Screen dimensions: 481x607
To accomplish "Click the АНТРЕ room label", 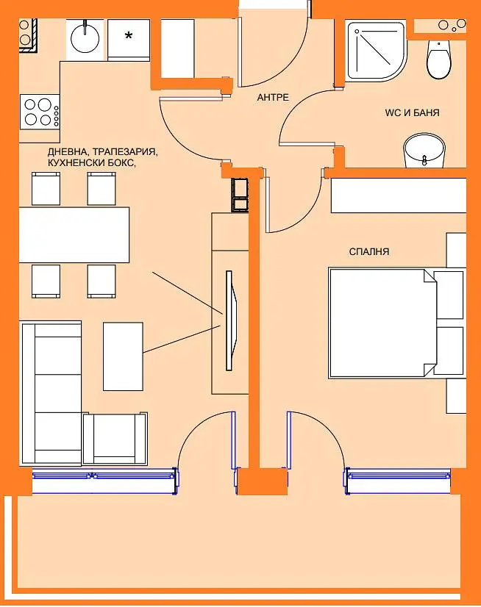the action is tap(273, 97).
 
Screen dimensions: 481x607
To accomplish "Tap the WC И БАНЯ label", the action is tap(412, 112).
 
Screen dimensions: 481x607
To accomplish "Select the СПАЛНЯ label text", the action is tap(369, 251).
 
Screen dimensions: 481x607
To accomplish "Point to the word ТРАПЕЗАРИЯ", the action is tap(126, 151).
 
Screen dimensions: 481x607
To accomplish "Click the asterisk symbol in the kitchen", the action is tap(128, 36).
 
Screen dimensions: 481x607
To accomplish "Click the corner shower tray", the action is tap(377, 51).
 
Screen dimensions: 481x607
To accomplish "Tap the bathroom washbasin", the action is tap(424, 151).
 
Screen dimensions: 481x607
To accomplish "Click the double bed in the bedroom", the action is tap(396, 323).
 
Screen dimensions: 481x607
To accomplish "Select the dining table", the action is tap(74, 235).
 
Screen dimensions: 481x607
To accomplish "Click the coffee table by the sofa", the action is tap(123, 356).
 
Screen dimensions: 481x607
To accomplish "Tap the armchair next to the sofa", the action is tap(115, 438).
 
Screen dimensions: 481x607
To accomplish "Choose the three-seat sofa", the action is tap(51, 392).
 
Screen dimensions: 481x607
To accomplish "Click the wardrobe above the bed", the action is tap(399, 195).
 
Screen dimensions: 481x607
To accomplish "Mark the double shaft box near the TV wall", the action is tap(240, 195).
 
